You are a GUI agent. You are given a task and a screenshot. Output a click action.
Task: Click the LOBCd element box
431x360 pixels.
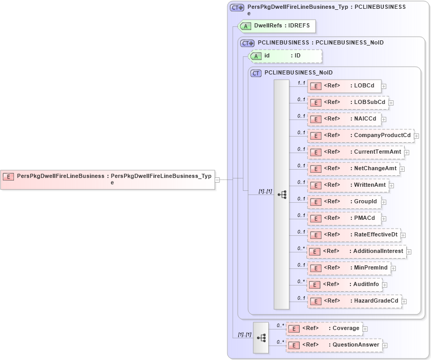click(344, 86)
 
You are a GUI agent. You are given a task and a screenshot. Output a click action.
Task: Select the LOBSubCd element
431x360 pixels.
click(348, 102)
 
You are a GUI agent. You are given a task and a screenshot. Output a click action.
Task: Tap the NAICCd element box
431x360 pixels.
click(344, 119)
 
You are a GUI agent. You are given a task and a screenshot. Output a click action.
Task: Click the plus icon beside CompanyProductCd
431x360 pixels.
click(417, 136)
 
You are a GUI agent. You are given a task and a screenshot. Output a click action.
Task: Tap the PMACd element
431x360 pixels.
click(344, 218)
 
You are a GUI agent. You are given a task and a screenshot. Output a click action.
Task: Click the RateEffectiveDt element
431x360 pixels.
click(354, 235)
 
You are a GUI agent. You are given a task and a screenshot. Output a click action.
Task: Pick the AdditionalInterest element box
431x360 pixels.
click(356, 251)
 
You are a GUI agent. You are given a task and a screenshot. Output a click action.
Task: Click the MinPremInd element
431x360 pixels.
click(349, 268)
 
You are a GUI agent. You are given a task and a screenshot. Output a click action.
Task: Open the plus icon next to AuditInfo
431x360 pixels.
click(384, 285)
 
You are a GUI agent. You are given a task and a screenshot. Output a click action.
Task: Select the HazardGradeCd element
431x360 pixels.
click(355, 301)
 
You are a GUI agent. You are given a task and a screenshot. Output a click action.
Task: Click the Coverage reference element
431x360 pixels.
click(324, 328)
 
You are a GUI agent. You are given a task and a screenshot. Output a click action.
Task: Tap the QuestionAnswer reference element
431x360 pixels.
click(334, 345)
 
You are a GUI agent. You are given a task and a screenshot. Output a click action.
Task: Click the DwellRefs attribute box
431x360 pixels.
click(276, 25)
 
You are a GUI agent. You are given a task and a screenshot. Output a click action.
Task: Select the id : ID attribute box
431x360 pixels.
click(285, 55)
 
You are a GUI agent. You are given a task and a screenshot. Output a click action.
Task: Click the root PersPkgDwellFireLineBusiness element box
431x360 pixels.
click(107, 179)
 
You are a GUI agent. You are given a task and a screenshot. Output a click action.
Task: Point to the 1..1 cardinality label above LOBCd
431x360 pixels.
click(301, 83)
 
